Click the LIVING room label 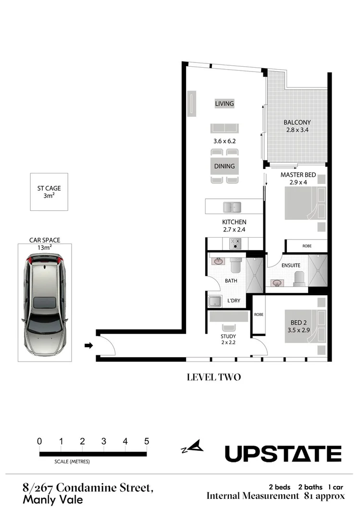point(224,104)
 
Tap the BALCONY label point(297,122)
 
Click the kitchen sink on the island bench point(232,207)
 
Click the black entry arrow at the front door point(88,345)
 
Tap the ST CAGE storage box point(49,192)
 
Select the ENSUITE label point(291,265)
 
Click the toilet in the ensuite point(298,278)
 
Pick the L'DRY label point(234,301)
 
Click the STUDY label point(228,336)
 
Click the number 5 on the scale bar point(147,441)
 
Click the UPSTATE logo point(284,453)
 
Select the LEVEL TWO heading point(213,377)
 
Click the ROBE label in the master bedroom point(307,246)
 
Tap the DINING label point(224,166)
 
